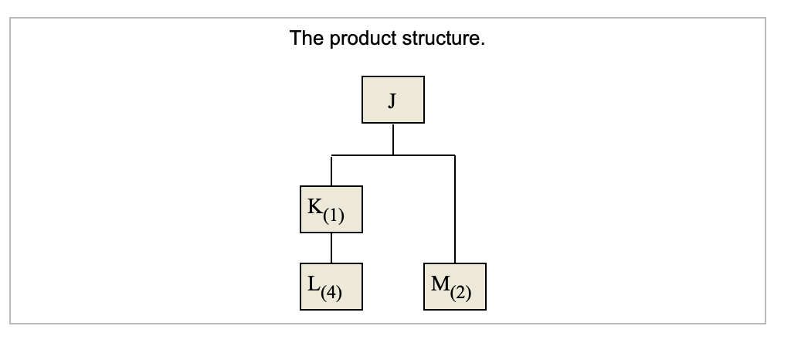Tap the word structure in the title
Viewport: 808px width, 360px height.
440,39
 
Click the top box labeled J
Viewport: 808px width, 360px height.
393,100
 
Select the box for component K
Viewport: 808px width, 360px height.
331,209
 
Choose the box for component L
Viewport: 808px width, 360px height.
331,286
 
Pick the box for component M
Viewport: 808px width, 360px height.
455,286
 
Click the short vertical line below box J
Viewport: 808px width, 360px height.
393,139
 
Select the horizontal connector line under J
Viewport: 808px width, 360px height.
363,155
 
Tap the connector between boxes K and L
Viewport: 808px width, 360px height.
331,247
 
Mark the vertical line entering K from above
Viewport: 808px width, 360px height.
331,171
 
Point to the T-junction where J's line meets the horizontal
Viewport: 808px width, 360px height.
393,155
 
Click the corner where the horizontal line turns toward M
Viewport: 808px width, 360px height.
455,155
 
